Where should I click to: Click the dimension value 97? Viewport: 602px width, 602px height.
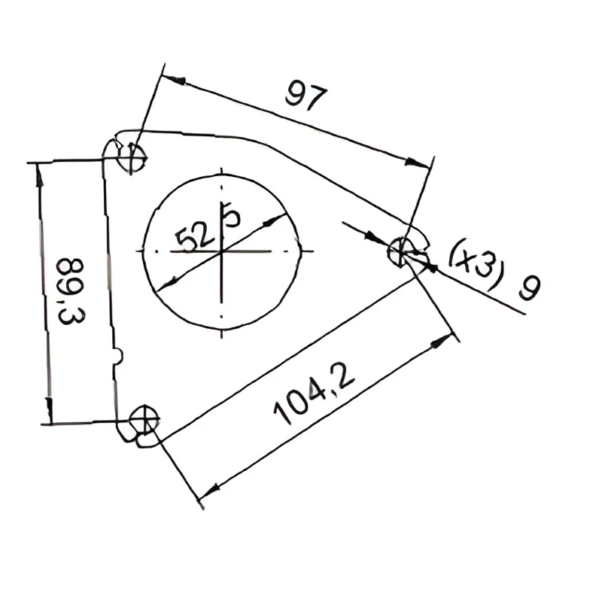[306, 95]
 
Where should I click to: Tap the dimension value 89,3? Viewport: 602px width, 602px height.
[71, 291]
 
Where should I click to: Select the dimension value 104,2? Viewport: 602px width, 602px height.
[314, 394]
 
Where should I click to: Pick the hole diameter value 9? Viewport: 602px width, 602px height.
[530, 287]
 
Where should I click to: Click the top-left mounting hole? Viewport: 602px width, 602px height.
[132, 158]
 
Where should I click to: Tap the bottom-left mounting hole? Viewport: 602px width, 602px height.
[144, 420]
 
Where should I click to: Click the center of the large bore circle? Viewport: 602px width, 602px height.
[221, 252]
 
